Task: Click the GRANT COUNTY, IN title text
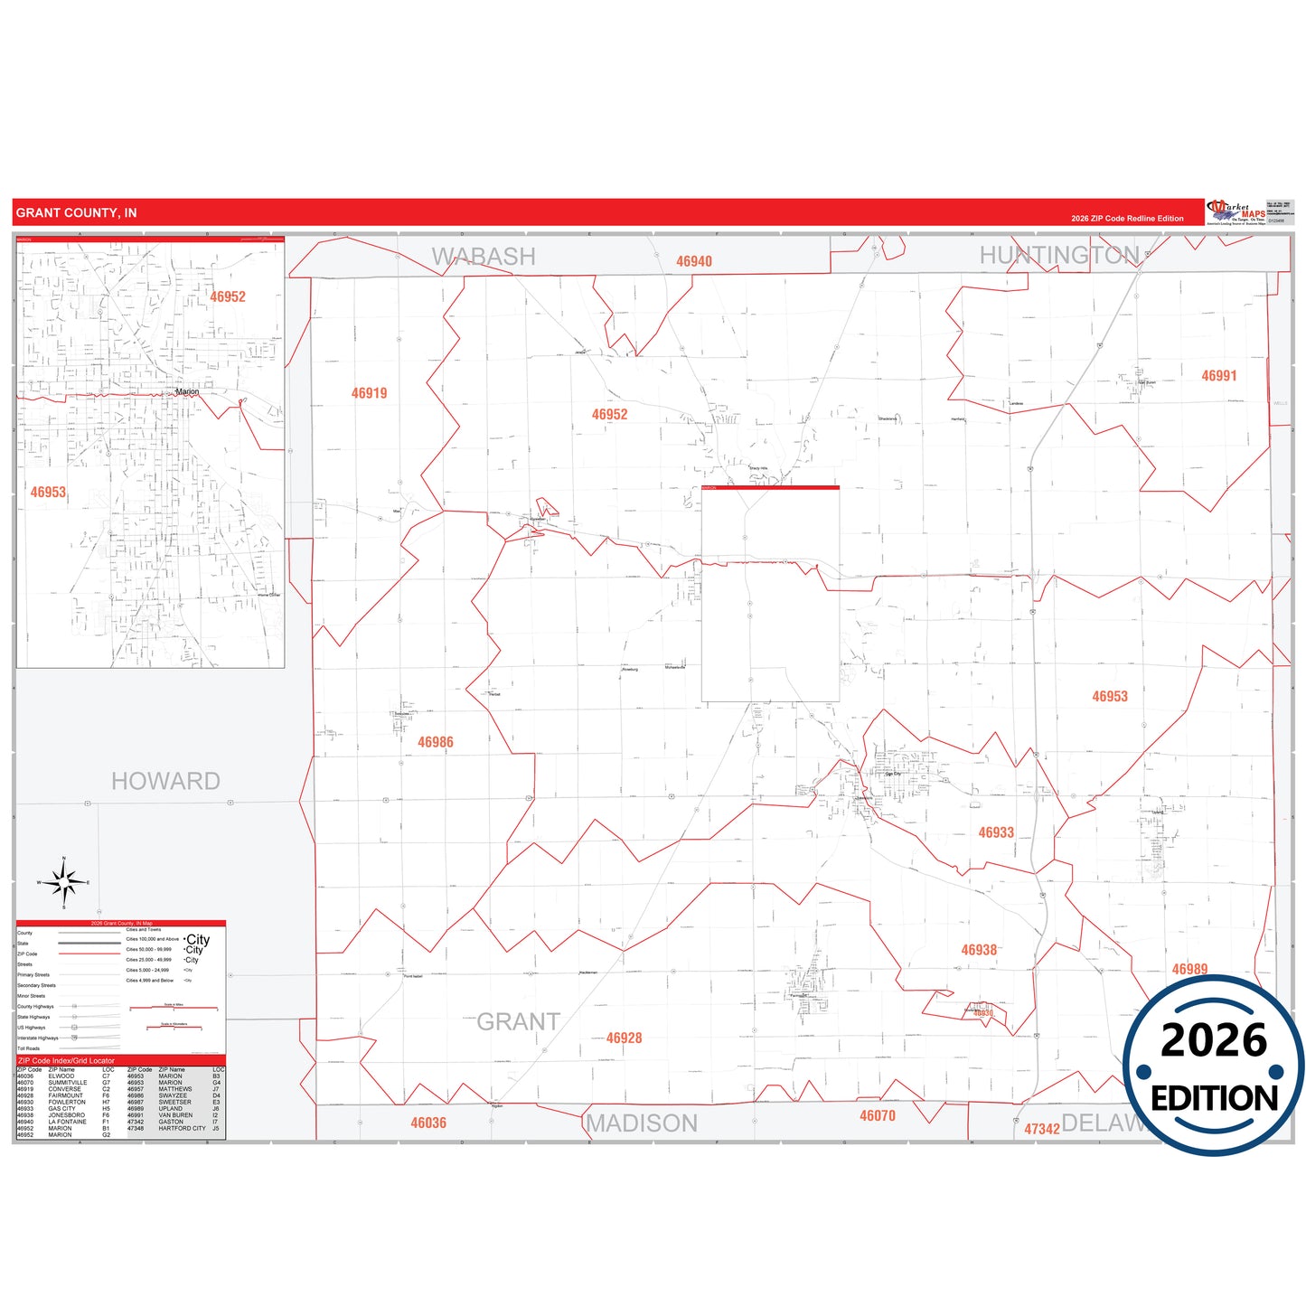[76, 213]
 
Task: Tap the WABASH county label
[484, 257]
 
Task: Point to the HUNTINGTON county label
[1058, 256]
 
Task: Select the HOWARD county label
[165, 781]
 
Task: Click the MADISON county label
[642, 1123]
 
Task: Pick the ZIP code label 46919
[369, 393]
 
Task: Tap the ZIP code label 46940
[694, 261]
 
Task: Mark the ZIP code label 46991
[1218, 376]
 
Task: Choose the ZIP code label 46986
[436, 742]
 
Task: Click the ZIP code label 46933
[996, 832]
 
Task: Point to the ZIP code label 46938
[979, 950]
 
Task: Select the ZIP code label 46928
[624, 1038]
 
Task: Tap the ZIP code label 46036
[428, 1123]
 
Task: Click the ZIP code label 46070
[877, 1116]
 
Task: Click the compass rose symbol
[64, 881]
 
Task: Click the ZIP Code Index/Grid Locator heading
[66, 1060]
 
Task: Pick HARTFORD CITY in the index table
[182, 1128]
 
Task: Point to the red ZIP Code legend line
[89, 954]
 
